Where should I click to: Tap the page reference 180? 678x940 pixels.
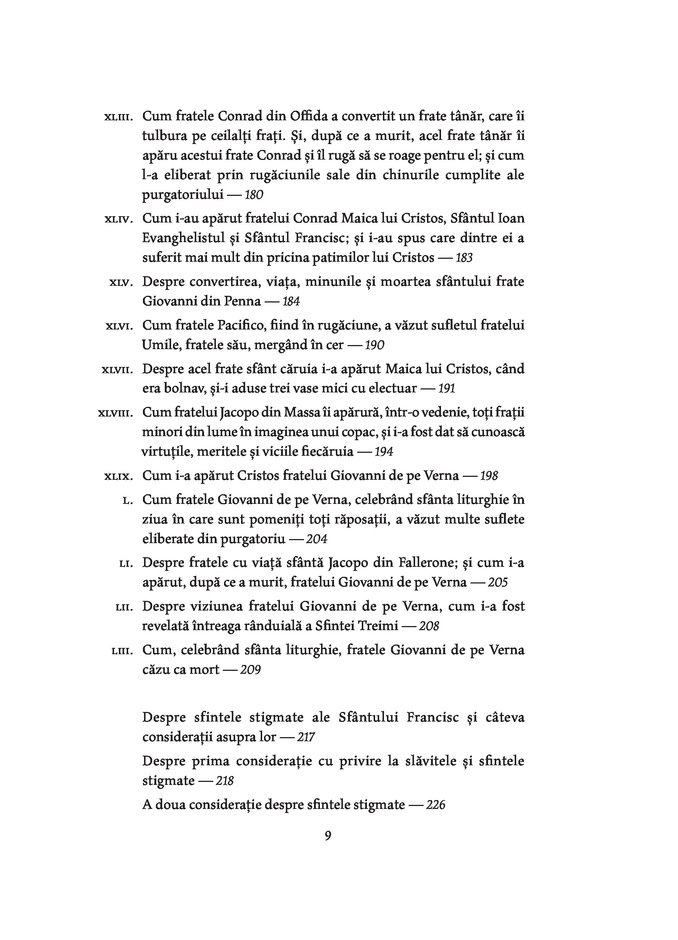(254, 195)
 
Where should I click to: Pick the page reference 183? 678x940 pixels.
(464, 258)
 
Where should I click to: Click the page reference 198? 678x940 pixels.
(489, 476)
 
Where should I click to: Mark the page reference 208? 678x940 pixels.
(429, 626)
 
